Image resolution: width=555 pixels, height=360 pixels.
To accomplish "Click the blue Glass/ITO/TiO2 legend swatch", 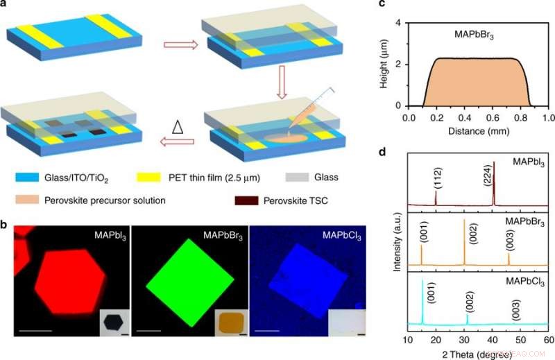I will pyautogui.click(x=27, y=178).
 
